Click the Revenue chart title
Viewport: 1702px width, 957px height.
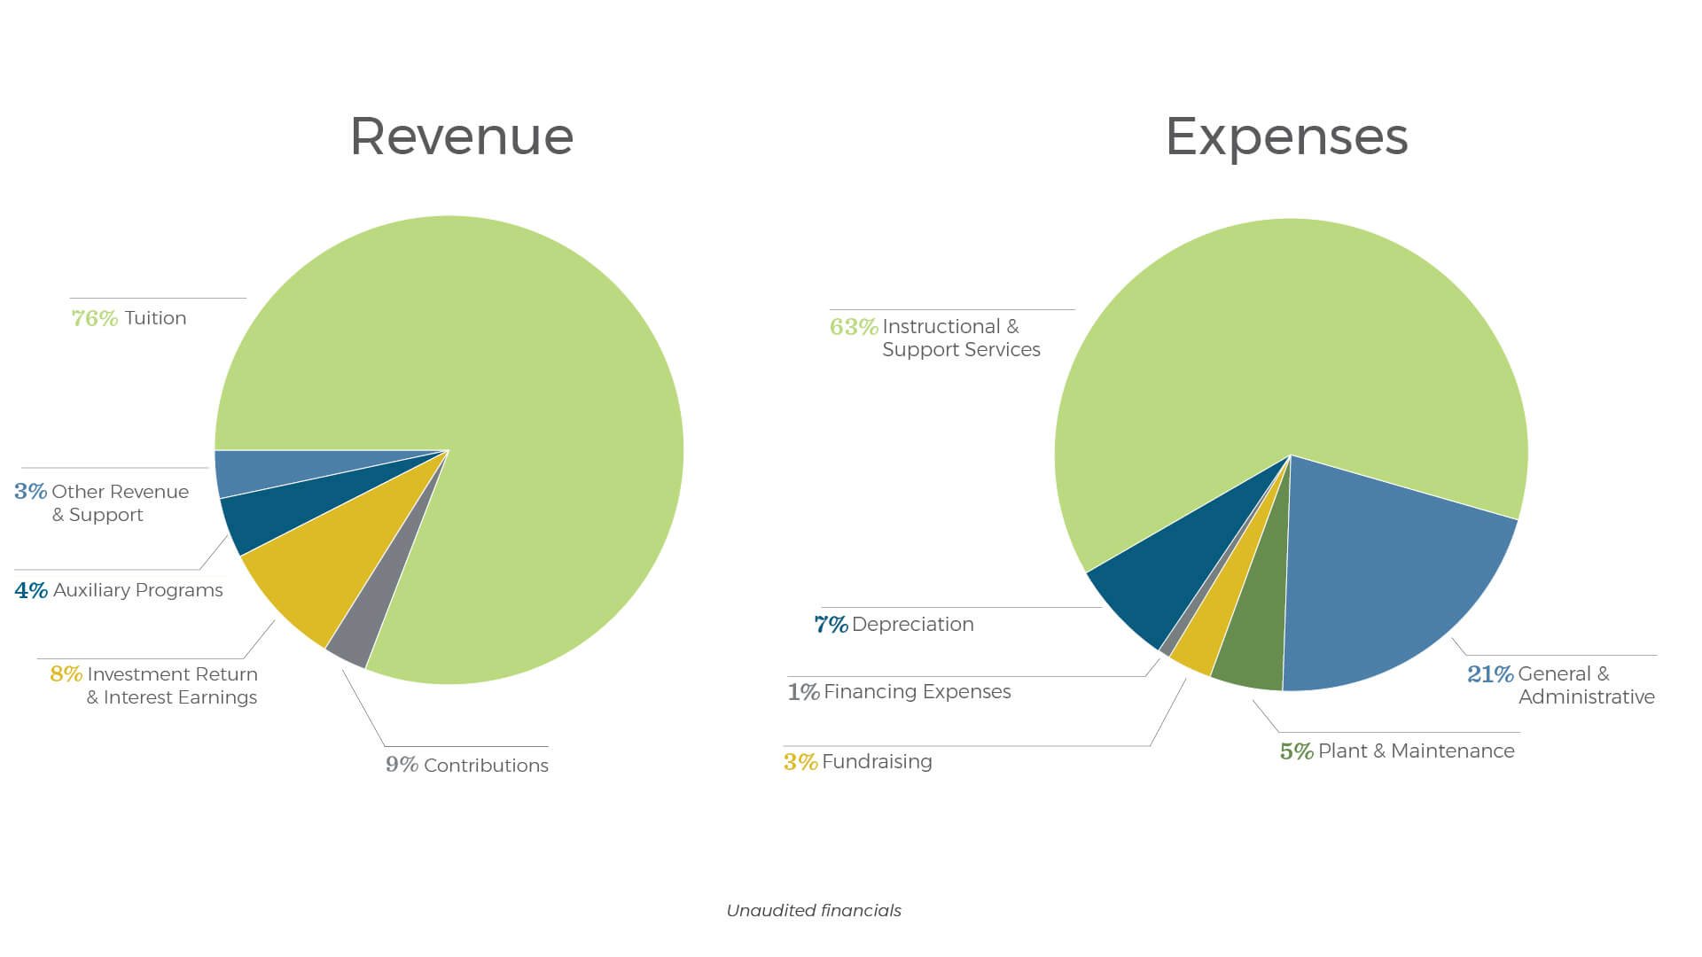coord(462,137)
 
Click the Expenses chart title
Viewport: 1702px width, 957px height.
coord(1286,137)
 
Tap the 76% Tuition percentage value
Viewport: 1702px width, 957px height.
coord(95,318)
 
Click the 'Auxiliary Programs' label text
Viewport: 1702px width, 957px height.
coord(138,590)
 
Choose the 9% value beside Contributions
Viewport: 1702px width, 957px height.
coord(402,765)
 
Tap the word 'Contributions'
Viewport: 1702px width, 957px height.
coord(486,766)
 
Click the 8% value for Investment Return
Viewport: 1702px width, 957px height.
coord(66,674)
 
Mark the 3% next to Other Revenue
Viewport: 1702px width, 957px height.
coord(30,492)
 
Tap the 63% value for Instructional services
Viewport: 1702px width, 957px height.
coord(854,327)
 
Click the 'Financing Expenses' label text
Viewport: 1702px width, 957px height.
coord(917,692)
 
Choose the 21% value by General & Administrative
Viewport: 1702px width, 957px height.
coord(1490,674)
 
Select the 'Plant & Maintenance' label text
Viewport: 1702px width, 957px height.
coord(1417,751)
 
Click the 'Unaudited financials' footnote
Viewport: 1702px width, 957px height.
coord(814,911)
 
